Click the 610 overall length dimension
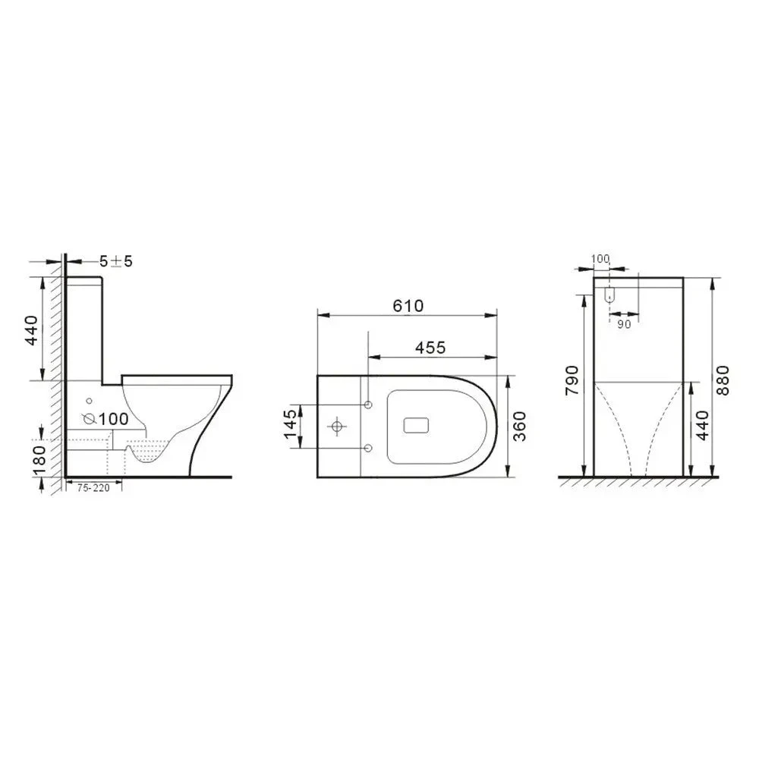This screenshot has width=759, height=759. (408, 305)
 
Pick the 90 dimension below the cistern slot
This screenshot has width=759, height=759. (623, 324)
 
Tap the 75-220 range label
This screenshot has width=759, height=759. (93, 488)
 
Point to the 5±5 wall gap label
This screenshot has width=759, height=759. (116, 261)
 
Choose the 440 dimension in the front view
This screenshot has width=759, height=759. (702, 427)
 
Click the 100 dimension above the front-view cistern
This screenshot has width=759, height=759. (600, 259)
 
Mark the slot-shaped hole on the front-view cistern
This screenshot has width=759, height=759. (609, 295)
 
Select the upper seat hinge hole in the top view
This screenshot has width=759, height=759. (368, 403)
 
